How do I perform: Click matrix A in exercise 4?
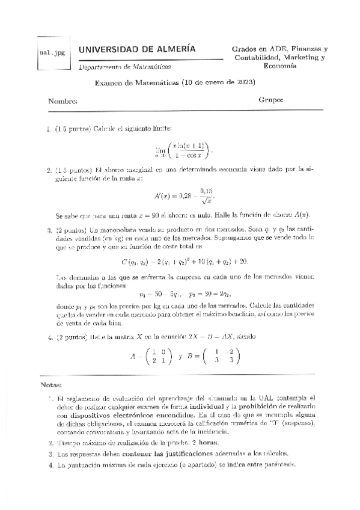point(150,357)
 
